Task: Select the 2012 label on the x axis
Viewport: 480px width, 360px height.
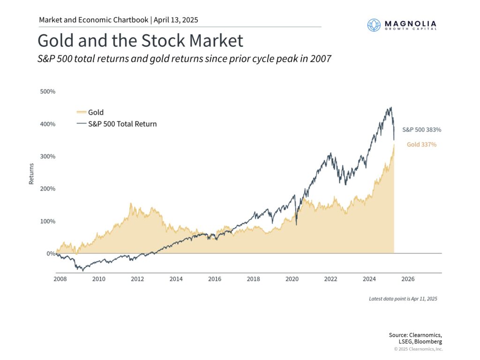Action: coord(137,279)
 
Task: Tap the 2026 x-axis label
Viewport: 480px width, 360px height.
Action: coord(408,279)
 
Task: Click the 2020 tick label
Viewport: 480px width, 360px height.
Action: coord(292,279)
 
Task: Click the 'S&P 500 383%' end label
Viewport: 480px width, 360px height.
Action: coord(421,129)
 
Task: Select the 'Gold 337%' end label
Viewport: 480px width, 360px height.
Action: coord(421,145)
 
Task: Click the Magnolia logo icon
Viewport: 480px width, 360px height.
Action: coord(374,25)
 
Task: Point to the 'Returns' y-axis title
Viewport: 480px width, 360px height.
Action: coord(31,173)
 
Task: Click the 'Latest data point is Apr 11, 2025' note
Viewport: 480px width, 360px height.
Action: coord(403,299)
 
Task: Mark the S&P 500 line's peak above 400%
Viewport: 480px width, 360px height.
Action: coord(390,107)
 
